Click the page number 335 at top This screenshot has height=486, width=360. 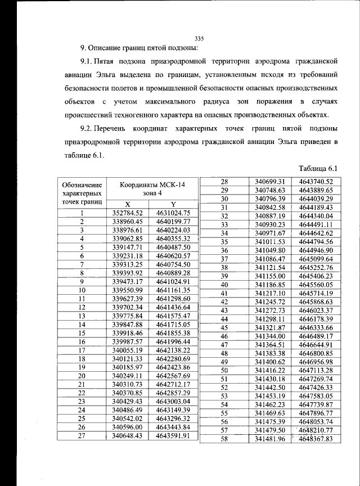(198, 38)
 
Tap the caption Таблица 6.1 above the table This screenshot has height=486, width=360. (316, 168)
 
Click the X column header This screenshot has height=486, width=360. (128, 204)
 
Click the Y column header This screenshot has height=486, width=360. (174, 204)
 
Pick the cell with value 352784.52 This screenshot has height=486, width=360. (128, 213)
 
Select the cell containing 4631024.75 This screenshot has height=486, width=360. (174, 213)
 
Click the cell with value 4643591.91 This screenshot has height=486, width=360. (174, 435)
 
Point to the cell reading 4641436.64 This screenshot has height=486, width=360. (174, 308)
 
